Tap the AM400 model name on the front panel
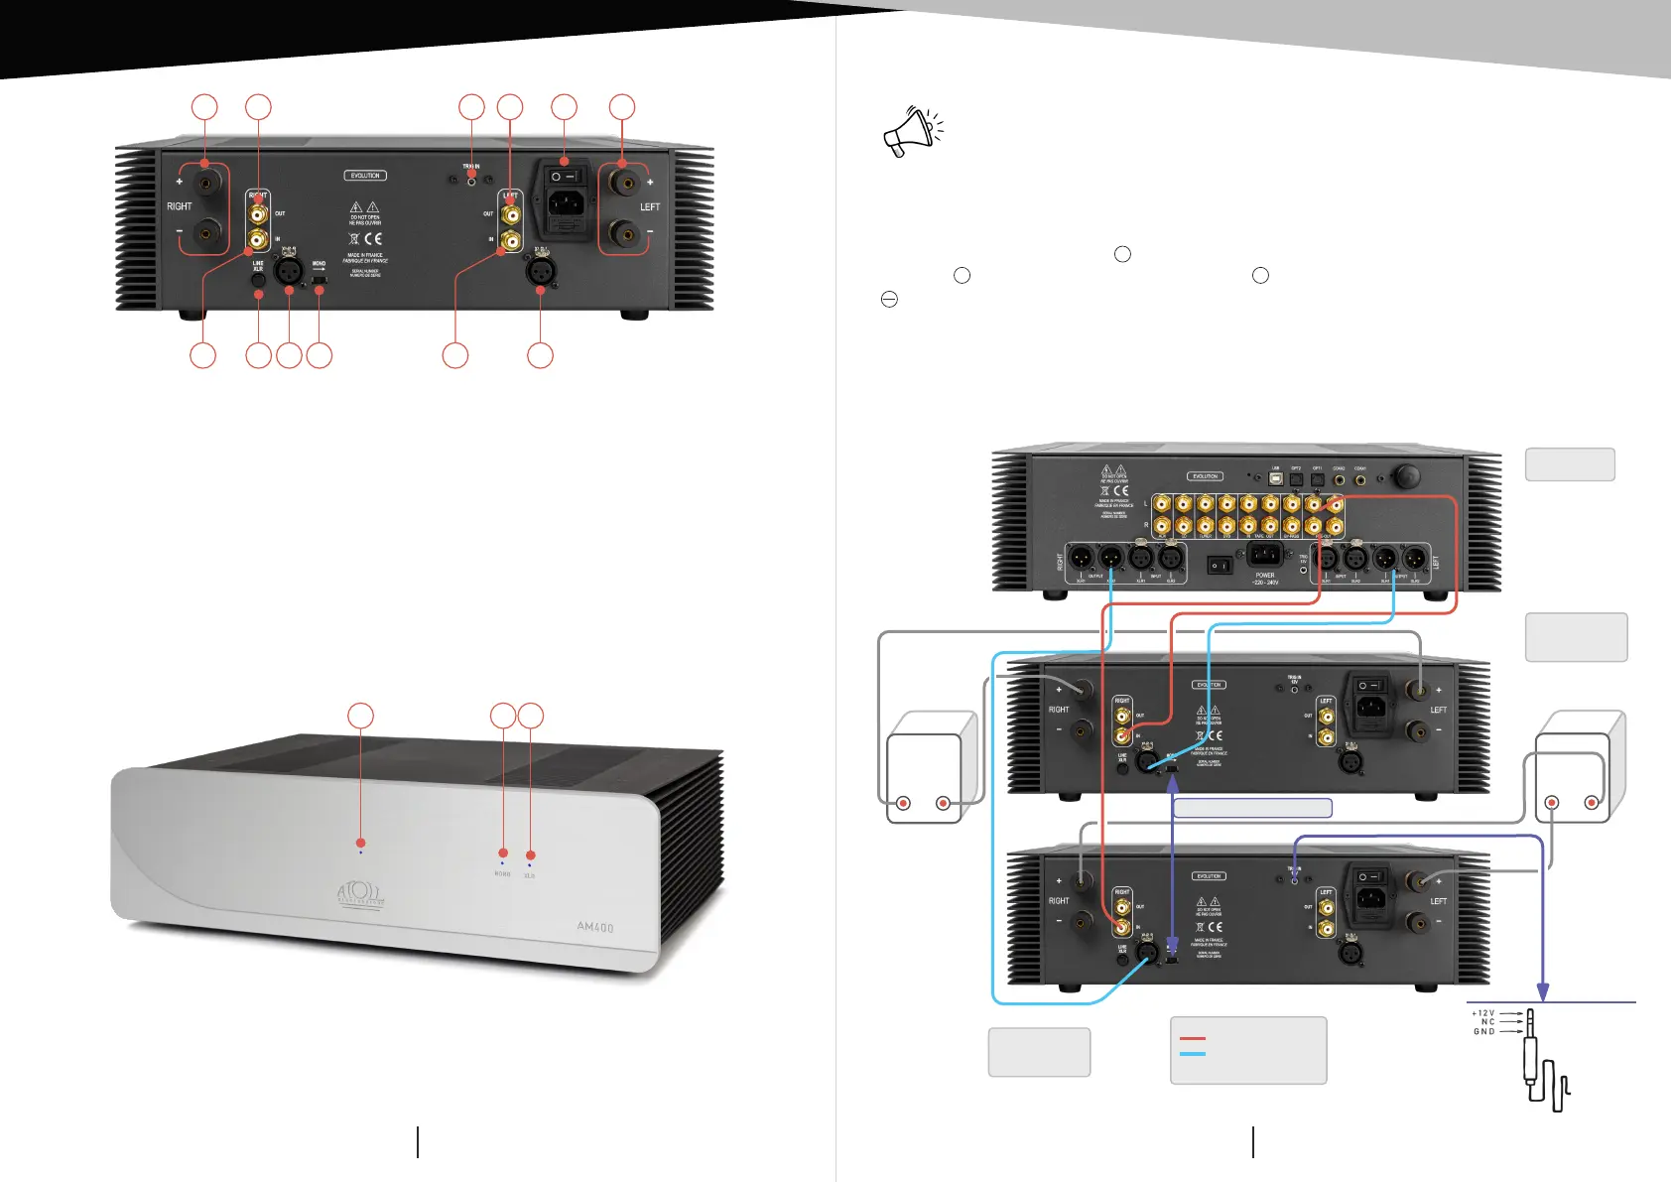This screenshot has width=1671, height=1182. point(595,927)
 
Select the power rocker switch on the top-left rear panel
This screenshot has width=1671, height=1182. point(564,176)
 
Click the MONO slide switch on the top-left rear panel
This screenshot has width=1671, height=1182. point(320,282)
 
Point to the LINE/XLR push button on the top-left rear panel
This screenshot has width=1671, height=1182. point(258,280)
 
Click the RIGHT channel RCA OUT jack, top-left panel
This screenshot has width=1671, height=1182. point(258,213)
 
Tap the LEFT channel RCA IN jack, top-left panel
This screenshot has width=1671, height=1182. point(510,239)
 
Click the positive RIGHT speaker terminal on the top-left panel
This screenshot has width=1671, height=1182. point(205,182)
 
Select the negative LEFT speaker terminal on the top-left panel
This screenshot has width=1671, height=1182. point(623,235)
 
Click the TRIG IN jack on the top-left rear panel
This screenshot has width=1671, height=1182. point(471,180)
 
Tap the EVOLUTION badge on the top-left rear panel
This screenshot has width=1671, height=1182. point(365,176)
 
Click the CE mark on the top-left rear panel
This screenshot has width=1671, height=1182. point(372,238)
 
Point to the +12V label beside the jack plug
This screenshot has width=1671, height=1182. point(1483,1013)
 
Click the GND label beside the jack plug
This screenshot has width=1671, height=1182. point(1483,1032)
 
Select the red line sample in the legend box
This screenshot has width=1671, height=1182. point(1193,1039)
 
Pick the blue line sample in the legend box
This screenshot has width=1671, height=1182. point(1193,1054)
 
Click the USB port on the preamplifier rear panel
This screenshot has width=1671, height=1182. point(1276,478)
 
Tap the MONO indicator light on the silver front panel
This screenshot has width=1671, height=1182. point(502,863)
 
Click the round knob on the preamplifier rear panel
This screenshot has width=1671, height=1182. point(1405,476)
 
